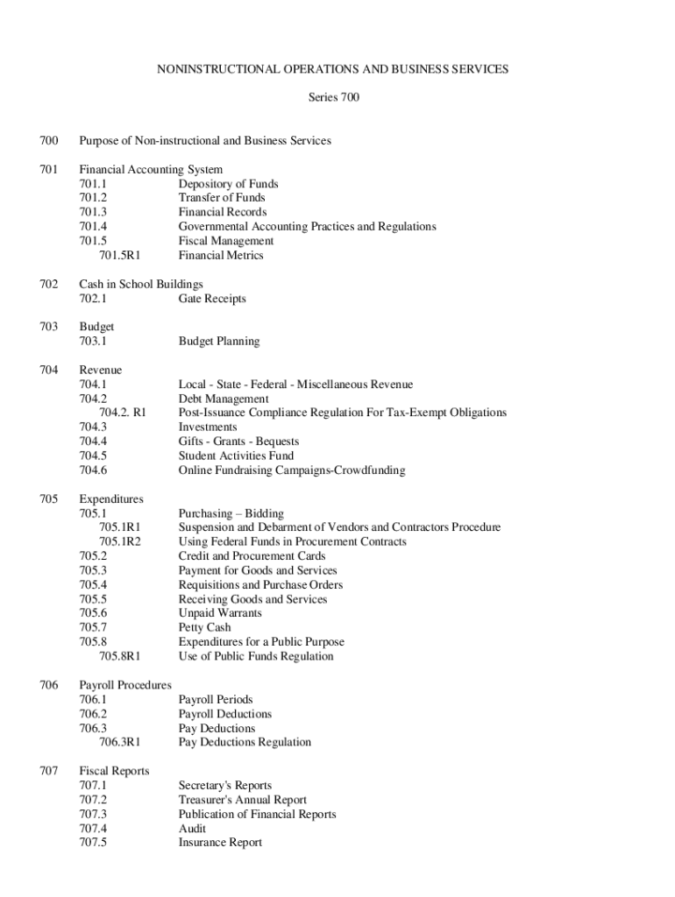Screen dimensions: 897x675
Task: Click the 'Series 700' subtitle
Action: [333, 97]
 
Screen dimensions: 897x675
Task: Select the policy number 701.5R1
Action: [120, 256]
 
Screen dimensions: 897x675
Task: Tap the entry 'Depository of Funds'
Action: [228, 184]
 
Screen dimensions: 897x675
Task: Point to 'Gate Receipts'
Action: [212, 299]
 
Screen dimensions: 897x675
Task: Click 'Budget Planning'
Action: [219, 342]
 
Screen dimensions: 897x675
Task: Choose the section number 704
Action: [48, 370]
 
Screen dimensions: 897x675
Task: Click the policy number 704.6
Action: [93, 470]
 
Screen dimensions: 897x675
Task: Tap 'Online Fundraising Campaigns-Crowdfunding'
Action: [292, 470]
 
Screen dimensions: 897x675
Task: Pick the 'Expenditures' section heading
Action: [110, 499]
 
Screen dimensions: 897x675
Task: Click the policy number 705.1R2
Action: [120, 542]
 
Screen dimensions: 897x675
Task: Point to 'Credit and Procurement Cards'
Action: [252, 556]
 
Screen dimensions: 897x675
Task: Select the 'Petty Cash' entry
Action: [204, 628]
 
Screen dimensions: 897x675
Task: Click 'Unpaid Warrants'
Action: [220, 613]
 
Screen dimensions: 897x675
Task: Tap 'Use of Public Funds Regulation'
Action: [256, 656]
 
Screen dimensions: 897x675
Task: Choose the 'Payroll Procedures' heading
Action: [125, 685]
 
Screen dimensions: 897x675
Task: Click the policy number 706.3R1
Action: [120, 743]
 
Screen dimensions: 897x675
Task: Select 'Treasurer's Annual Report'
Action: [243, 800]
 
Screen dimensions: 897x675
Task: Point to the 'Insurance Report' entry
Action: [220, 843]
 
